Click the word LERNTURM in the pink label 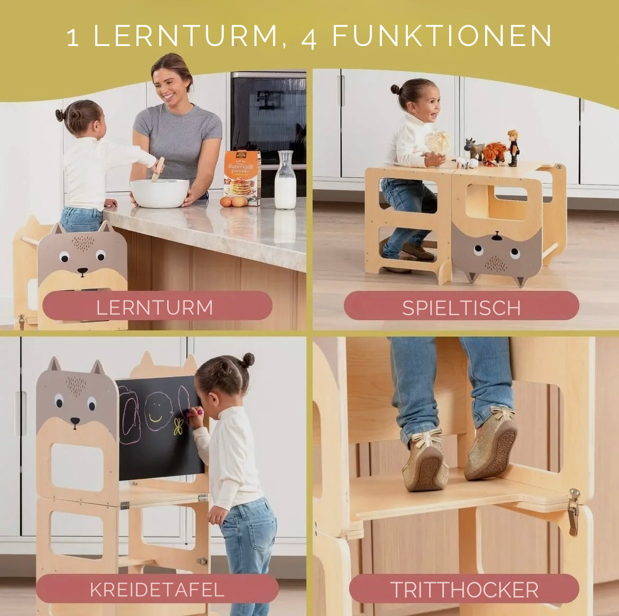tap(154, 307)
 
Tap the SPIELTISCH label tap(461, 308)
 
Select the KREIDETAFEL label tap(157, 590)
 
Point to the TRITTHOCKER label tap(464, 590)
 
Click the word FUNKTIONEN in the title tap(442, 36)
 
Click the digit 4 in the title tap(309, 38)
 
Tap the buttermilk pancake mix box tap(242, 178)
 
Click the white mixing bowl tap(160, 193)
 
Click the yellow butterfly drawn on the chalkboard tap(178, 426)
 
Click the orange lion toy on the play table tap(494, 153)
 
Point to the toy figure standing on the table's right tap(512, 148)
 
